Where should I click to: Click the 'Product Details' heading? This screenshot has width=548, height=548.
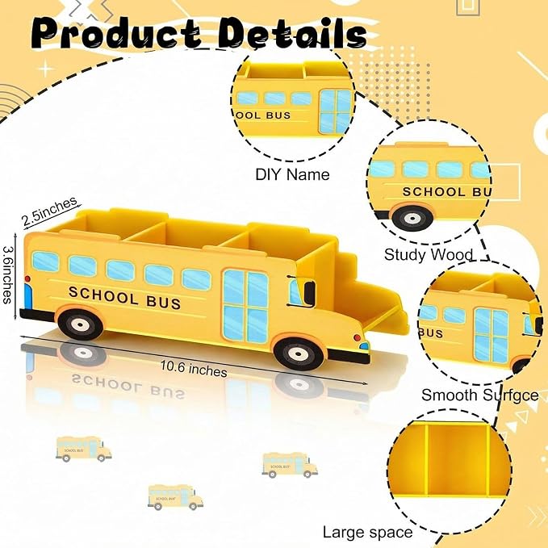click(x=199, y=33)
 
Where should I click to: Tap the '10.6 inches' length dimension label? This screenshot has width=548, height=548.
click(x=194, y=369)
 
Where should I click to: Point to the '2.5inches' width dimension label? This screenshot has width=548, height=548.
click(x=49, y=211)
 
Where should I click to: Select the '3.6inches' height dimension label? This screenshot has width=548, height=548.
click(x=8, y=274)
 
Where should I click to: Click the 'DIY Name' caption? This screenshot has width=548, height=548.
click(x=292, y=174)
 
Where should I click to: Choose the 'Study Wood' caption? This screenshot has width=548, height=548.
click(x=429, y=254)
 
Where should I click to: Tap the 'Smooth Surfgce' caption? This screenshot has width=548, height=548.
click(x=480, y=395)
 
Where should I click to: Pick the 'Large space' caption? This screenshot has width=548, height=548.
click(x=368, y=533)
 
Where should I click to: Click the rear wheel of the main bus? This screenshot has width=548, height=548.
click(x=81, y=324)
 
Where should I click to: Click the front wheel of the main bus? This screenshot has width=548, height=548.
click(x=299, y=353)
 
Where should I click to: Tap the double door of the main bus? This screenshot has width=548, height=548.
click(x=245, y=306)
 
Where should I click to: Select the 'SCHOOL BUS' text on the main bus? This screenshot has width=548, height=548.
click(x=125, y=298)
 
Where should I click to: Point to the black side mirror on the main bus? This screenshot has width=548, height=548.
click(x=309, y=292)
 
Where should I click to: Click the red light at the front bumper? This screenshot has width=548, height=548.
click(x=357, y=338)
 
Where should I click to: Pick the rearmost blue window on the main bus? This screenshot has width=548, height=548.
click(x=45, y=261)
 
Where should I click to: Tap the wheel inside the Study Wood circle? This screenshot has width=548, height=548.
click(x=412, y=218)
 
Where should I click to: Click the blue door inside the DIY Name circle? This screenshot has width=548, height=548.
click(x=335, y=111)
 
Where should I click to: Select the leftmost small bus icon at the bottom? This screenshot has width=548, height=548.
click(x=83, y=449)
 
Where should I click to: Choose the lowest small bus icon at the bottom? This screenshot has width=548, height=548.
click(x=175, y=497)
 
